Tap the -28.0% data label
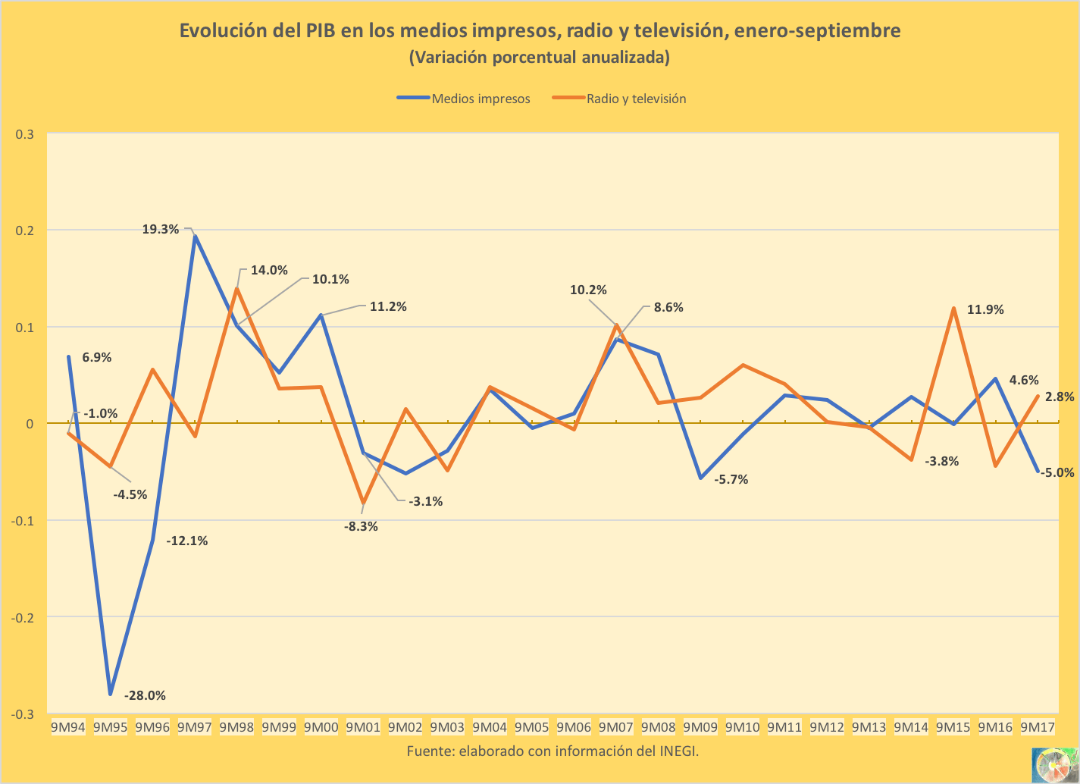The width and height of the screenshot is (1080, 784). (x=145, y=695)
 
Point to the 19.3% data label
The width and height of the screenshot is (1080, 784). (x=161, y=229)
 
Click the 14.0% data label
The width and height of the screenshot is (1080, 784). (x=269, y=270)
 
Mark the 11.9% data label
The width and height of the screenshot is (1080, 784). (x=985, y=309)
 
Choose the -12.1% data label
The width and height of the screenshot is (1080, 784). (x=187, y=541)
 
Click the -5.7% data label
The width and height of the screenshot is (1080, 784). (x=731, y=479)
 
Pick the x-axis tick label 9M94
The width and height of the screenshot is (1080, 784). (x=68, y=727)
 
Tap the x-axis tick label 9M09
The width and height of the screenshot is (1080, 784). (x=700, y=727)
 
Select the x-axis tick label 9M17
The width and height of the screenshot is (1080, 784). (x=1038, y=727)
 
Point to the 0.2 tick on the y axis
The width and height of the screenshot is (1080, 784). (x=25, y=230)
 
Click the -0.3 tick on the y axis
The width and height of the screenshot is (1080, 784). (x=23, y=714)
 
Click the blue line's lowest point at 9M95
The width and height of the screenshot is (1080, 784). (x=111, y=694)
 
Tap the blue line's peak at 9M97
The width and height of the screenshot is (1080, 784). (x=196, y=237)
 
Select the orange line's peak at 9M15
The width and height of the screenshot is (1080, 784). (x=953, y=309)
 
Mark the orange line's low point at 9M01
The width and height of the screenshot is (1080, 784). (x=364, y=503)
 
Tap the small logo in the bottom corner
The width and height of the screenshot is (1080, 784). (x=1054, y=764)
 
